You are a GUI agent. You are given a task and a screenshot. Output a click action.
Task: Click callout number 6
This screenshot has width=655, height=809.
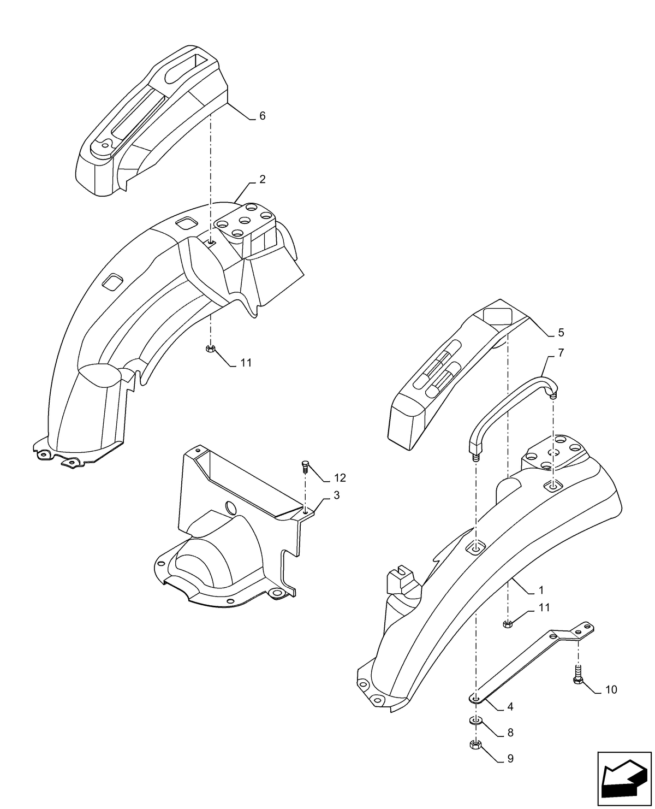click(262, 116)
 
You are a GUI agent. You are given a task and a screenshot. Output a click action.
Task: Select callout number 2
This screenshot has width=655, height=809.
click(263, 179)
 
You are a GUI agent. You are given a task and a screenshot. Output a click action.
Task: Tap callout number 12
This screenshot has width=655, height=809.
click(340, 478)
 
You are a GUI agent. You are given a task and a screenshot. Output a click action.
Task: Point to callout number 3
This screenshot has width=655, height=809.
click(337, 495)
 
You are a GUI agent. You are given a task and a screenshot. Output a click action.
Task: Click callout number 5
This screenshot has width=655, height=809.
click(561, 333)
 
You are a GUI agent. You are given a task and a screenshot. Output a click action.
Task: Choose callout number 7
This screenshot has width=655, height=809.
click(561, 353)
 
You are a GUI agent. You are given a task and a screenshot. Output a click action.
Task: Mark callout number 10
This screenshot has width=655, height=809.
click(611, 690)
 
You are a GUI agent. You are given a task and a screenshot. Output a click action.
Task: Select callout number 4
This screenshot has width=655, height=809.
click(510, 706)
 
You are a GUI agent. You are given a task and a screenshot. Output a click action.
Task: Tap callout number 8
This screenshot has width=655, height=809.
click(510, 733)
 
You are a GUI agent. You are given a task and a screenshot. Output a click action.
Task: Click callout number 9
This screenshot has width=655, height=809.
click(510, 759)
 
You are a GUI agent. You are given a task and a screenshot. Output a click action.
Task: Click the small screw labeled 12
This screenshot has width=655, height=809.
click(305, 466)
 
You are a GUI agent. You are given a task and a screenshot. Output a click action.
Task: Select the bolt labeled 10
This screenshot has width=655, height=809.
click(578, 674)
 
